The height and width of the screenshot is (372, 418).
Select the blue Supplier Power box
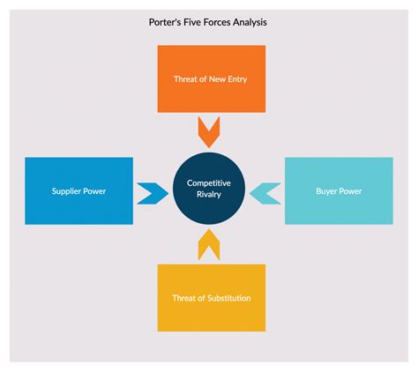pyautogui.click(x=78, y=190)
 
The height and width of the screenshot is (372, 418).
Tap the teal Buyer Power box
pyautogui.click(x=339, y=190)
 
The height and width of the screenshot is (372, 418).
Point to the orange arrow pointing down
pyautogui.click(x=209, y=132)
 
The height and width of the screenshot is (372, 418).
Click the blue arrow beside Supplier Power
pyautogui.click(x=152, y=191)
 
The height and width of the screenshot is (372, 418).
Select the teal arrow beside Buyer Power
pyautogui.click(x=265, y=191)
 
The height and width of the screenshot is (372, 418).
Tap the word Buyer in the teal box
pyautogui.click(x=326, y=191)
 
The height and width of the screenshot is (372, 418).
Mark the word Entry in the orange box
pyautogui.click(x=234, y=79)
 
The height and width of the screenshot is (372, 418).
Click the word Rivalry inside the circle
pyautogui.click(x=209, y=194)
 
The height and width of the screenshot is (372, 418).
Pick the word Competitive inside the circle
pyautogui.click(x=209, y=182)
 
